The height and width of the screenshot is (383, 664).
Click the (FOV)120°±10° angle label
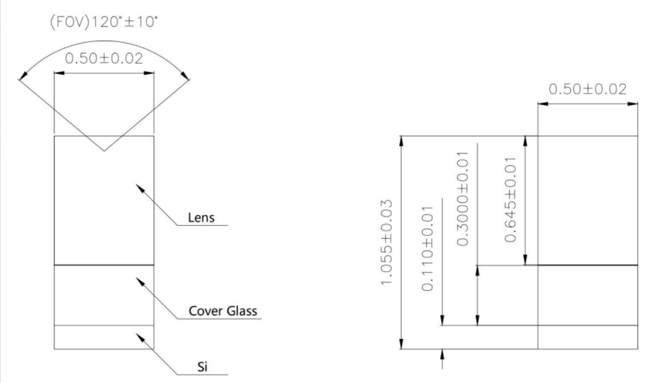(x=104, y=22)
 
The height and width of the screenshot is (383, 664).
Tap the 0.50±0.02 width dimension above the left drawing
(x=104, y=58)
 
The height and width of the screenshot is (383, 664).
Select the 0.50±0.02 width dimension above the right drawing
(x=587, y=89)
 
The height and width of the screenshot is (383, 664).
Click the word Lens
(x=201, y=218)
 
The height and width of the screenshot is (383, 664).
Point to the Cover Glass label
(x=223, y=311)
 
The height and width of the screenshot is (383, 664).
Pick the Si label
(x=202, y=366)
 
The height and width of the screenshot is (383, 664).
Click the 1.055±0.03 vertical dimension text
(x=387, y=243)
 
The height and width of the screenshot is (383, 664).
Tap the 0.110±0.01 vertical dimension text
(x=427, y=248)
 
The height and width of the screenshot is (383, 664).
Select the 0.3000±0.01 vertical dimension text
(x=463, y=199)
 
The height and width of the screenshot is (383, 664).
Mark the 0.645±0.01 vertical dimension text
(x=511, y=199)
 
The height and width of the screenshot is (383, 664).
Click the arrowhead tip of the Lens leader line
(x=136, y=184)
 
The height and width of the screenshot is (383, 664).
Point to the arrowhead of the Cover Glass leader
(x=136, y=278)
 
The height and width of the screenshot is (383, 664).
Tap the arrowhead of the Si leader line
(x=136, y=334)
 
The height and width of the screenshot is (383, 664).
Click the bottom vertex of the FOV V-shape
(x=104, y=151)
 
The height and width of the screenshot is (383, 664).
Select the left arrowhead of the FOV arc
(x=19, y=78)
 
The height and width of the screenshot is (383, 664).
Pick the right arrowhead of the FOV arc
(x=189, y=78)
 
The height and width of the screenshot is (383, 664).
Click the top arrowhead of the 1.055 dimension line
(x=402, y=136)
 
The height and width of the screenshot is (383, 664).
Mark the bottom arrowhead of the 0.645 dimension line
(x=525, y=265)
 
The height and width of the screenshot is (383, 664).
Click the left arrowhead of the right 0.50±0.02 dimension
(x=539, y=104)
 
